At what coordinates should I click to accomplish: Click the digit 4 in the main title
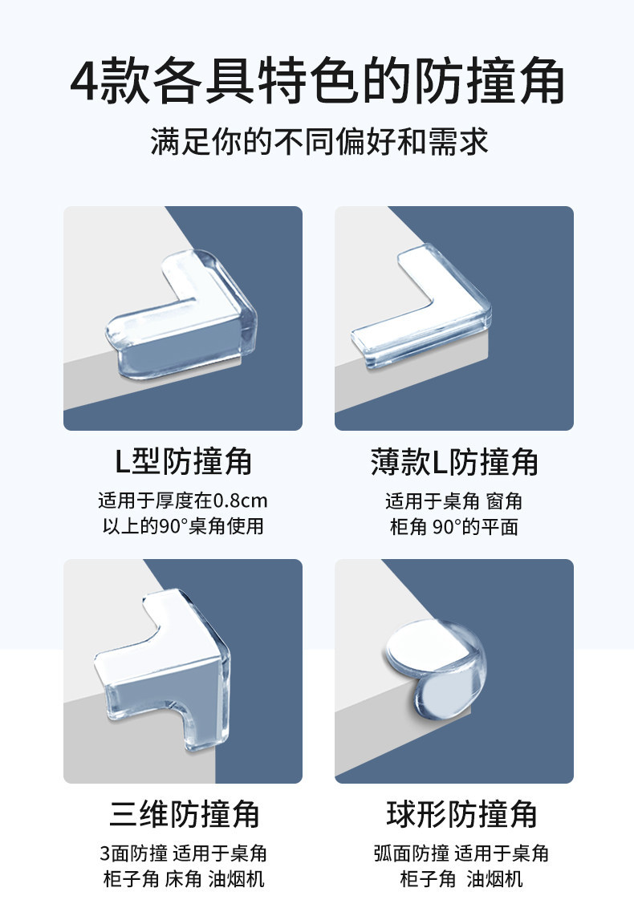pos(85,81)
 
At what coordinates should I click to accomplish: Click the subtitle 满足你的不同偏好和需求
pos(319,141)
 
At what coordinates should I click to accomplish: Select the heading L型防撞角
pos(184,461)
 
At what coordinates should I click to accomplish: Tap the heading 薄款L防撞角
pos(454,461)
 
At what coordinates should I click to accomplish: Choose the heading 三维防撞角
pos(184,814)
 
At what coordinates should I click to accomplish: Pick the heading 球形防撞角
pos(461,814)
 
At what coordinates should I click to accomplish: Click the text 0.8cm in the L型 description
pos(240,501)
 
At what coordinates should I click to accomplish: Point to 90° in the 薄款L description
pos(447,527)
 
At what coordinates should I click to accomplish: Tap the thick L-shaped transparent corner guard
pos(182,315)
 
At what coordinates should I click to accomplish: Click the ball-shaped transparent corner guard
pos(435,666)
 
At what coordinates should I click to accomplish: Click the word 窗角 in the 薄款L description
pos(504,501)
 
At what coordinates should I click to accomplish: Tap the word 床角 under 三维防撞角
pos(184,878)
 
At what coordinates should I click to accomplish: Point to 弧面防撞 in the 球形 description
pos(412,853)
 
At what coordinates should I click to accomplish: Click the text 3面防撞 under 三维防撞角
pos(134,853)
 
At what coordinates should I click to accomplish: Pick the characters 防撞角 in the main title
pos(490,81)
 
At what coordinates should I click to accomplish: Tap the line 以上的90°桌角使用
pos(183,526)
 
